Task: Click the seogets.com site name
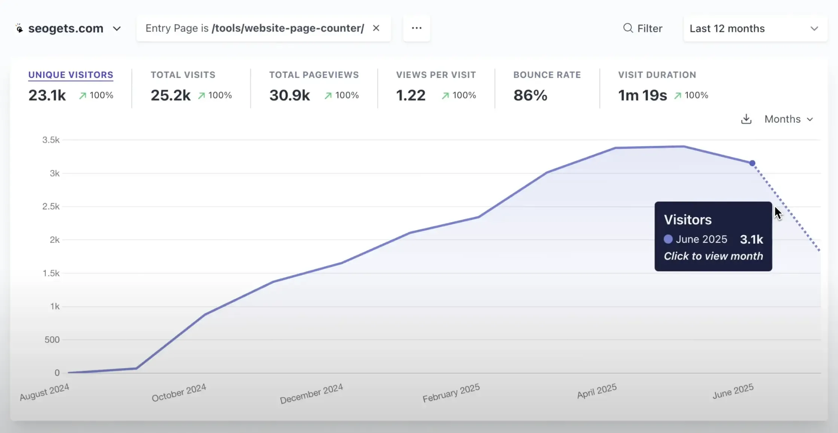66,29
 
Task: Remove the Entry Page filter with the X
376,28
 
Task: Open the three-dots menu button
416,28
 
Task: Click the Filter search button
643,29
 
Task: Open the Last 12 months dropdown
755,29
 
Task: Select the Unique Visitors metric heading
71,75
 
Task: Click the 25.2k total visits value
170,95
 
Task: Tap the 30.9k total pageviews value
289,95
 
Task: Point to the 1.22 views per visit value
411,95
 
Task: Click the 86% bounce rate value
530,95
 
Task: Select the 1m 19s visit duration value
642,95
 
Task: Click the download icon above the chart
746,119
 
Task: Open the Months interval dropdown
788,119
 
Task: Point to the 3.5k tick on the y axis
51,140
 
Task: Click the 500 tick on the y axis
52,340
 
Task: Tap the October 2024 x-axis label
179,392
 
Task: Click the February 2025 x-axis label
451,393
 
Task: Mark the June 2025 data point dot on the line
752,163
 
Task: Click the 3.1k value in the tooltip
751,239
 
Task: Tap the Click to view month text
713,256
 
